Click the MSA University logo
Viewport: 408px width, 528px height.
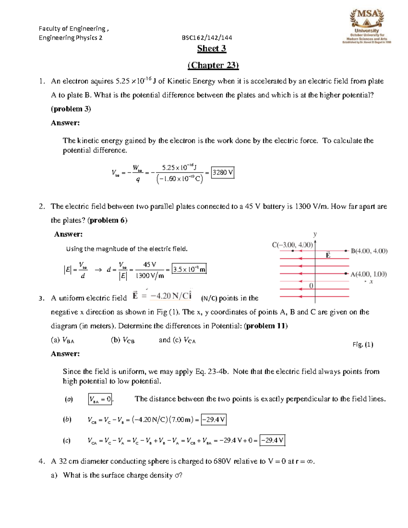coord(367,27)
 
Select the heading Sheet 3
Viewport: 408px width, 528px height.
coord(211,49)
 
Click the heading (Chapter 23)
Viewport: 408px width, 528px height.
coord(213,65)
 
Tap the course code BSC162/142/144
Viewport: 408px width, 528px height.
coord(207,38)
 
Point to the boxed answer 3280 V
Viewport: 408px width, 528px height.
coord(223,173)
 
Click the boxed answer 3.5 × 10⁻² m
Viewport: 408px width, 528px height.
coord(189,270)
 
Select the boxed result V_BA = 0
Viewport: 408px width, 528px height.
coord(100,399)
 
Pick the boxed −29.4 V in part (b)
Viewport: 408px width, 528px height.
coord(214,420)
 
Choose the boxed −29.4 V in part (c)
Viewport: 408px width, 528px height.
coord(272,441)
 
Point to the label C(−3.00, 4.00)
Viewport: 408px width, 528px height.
coord(292,245)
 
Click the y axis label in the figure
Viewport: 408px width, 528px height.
coord(315,234)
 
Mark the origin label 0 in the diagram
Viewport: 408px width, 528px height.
coord(311,286)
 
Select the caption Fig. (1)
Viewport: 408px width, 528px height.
coord(363,344)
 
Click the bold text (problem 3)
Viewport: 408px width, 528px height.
coord(71,109)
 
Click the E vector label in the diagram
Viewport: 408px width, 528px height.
coord(328,255)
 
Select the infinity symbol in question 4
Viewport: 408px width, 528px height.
coord(309,461)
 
